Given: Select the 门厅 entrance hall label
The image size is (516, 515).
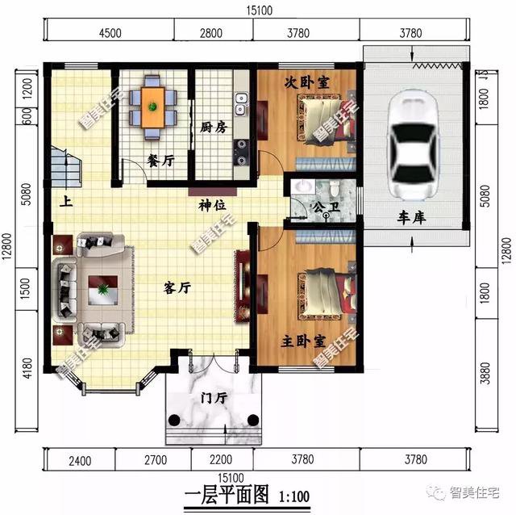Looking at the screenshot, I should coord(211,399).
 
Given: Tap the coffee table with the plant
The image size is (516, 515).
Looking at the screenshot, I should coord(102,289).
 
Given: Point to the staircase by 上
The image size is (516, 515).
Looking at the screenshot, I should coord(66,167).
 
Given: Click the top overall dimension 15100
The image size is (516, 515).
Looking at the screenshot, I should coord(259,10).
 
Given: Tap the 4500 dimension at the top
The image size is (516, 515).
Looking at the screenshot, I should coord(110,33).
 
